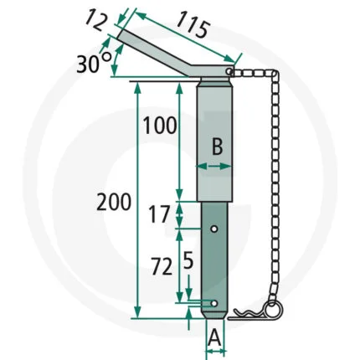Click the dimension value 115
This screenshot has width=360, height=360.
click(193, 24)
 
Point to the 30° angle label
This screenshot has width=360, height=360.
click(94, 64)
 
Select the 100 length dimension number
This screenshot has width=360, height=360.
click(160, 125)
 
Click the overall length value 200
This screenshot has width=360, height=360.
click(114, 202)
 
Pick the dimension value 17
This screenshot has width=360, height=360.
click(159, 214)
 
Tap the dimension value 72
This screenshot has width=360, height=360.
click(162, 266)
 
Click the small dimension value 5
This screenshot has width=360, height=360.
click(188, 261)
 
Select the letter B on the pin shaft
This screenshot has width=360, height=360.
click(217, 147)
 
